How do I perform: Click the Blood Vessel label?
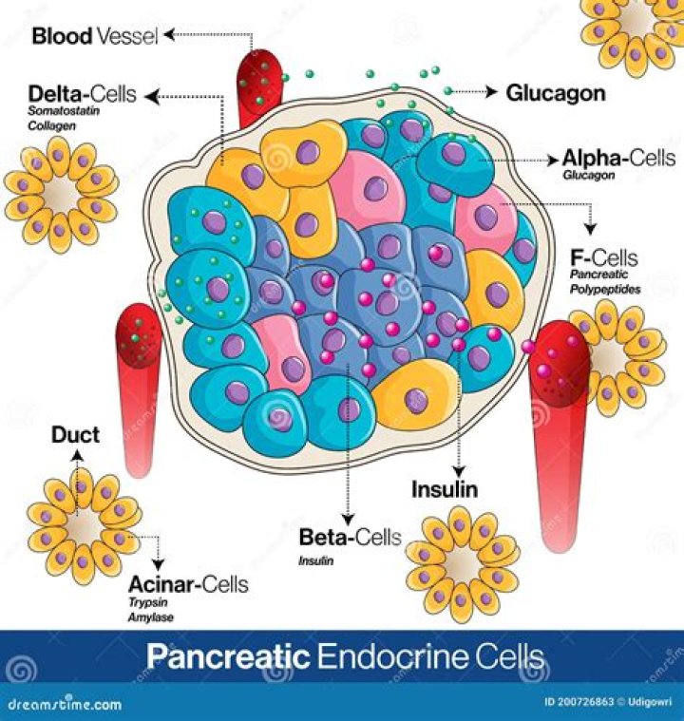point(95,36)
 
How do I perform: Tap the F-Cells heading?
point(604,257)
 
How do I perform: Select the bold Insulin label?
point(444,490)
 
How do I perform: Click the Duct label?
point(76,437)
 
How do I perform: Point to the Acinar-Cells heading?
point(188,583)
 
